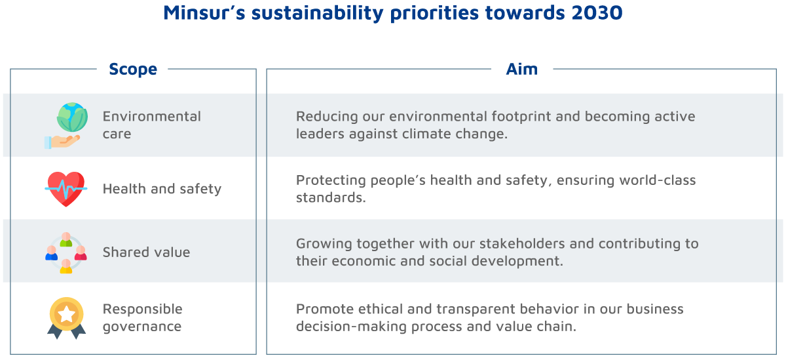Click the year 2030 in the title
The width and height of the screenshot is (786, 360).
point(597,12)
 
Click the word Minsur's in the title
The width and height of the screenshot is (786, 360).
point(204,12)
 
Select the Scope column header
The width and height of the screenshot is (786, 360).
point(133,70)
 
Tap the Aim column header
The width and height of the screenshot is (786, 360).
point(522,70)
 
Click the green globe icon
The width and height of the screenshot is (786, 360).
point(72,117)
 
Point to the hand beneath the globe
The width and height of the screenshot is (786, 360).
point(62,142)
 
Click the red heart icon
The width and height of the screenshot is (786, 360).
point(66,189)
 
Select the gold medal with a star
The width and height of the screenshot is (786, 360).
point(67,318)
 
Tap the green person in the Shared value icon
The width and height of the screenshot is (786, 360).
point(66,239)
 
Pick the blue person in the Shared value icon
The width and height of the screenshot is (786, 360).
point(51,253)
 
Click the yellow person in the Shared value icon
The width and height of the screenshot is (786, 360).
point(66,266)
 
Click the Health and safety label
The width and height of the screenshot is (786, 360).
point(162,189)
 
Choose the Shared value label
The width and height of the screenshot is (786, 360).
point(146,252)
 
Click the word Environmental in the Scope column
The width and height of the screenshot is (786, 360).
point(151,116)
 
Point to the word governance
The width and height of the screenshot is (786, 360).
point(142,327)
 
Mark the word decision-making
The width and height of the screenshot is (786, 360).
point(351,327)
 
